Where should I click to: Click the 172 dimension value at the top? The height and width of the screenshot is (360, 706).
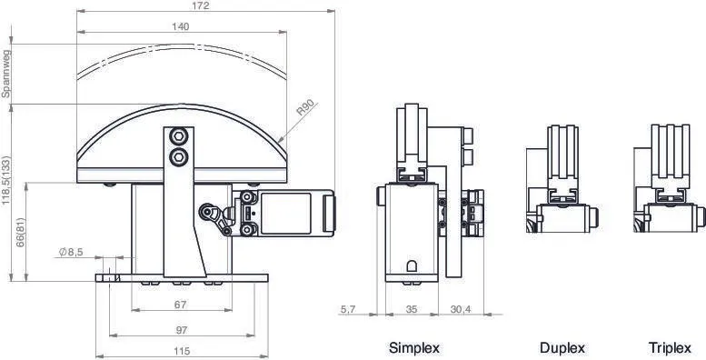point(201,6)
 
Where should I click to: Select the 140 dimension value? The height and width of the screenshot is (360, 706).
point(180,27)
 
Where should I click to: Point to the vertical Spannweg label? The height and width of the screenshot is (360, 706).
point(5,74)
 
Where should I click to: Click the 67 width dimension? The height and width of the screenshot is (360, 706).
point(180,304)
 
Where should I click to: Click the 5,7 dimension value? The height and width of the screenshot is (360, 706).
point(347,310)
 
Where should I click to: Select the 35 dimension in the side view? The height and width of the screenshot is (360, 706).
point(411,310)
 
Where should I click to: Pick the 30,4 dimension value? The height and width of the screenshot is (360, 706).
point(462,310)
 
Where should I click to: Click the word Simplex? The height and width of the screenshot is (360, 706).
point(414,348)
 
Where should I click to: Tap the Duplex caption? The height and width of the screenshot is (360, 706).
point(562,348)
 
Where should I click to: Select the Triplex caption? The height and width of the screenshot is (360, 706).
point(670,348)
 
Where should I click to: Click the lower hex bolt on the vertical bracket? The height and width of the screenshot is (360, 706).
point(179,158)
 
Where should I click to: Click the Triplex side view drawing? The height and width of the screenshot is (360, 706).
point(670,182)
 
